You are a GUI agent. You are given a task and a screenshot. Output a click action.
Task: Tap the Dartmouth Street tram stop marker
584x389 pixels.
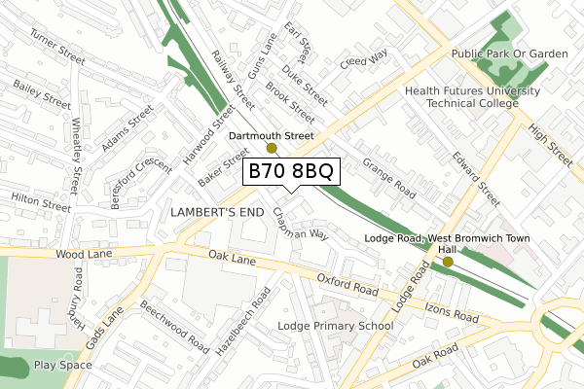tap(272, 149)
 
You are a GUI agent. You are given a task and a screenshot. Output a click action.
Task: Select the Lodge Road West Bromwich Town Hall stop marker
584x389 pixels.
tap(448, 262)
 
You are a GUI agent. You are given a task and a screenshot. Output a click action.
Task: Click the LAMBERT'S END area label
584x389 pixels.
tap(216, 211)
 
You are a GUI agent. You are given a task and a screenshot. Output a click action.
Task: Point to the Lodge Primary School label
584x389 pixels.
tap(335, 326)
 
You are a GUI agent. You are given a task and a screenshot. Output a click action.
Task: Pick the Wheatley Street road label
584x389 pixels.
tap(76, 155)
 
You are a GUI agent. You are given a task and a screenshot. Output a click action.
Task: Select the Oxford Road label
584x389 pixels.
tap(347, 285)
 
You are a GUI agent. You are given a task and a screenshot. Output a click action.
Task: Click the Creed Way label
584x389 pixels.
tap(363, 60)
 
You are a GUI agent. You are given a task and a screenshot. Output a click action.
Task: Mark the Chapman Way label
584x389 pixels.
tap(301, 227)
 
